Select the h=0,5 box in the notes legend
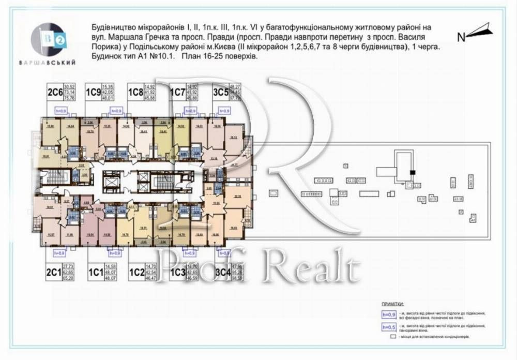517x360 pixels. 387,326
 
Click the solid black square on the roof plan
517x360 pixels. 413,172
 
